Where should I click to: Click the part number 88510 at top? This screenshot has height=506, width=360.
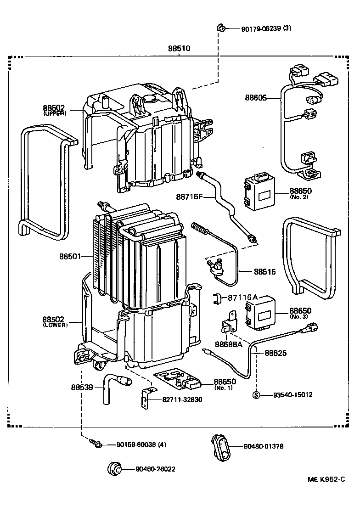(x=179, y=48)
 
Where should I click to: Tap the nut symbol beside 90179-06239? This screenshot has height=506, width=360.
(x=221, y=28)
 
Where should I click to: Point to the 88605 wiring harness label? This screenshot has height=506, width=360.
(x=256, y=97)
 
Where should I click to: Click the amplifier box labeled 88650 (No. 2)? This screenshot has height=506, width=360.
(x=259, y=192)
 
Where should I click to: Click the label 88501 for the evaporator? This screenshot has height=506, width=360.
(x=70, y=257)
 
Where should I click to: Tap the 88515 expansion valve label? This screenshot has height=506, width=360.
(x=265, y=272)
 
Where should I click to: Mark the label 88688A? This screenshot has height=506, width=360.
(x=229, y=344)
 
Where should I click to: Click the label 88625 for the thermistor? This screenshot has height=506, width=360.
(x=276, y=353)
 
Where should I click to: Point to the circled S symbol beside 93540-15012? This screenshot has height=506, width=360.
(x=256, y=395)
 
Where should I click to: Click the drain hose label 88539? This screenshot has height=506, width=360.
(x=82, y=387)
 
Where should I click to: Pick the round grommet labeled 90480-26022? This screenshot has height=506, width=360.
(x=114, y=468)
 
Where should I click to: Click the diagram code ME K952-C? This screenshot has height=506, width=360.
(x=326, y=479)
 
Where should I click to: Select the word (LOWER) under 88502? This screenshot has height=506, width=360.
(x=55, y=325)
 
